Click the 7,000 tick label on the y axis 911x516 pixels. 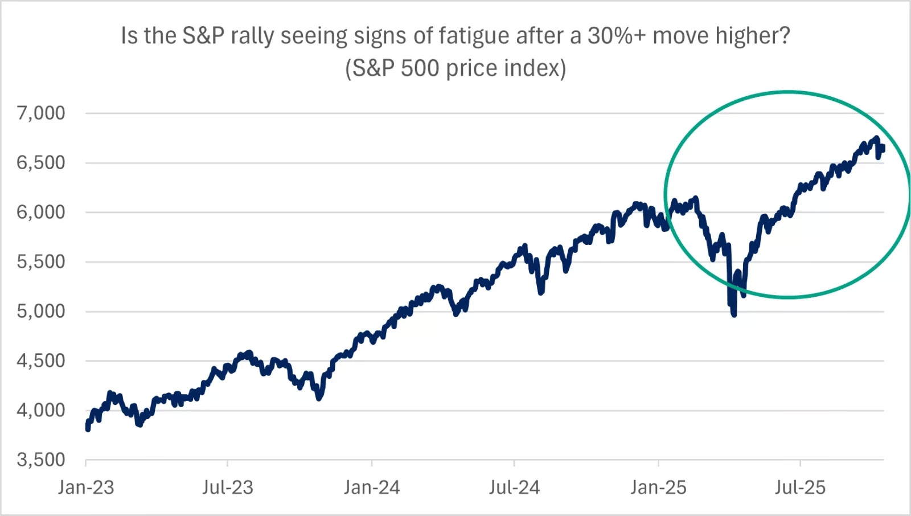(x=40, y=113)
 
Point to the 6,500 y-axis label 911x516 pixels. (x=40, y=162)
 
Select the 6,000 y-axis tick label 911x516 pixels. (x=40, y=212)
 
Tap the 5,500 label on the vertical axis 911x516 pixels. (x=40, y=261)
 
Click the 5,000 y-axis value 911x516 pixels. (x=40, y=311)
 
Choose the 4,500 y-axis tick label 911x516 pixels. (x=40, y=361)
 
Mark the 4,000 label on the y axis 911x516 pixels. (x=40, y=410)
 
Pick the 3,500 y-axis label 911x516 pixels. (x=40, y=460)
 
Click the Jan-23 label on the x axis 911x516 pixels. (x=86, y=488)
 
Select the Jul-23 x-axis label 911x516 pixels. (x=228, y=488)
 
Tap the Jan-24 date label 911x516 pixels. (x=372, y=488)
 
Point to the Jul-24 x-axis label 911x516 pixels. (x=514, y=488)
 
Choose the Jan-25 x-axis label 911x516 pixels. (x=658, y=488)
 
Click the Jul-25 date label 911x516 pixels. (x=800, y=488)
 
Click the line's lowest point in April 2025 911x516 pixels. (x=733, y=314)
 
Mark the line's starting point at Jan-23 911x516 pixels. (x=87, y=429)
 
